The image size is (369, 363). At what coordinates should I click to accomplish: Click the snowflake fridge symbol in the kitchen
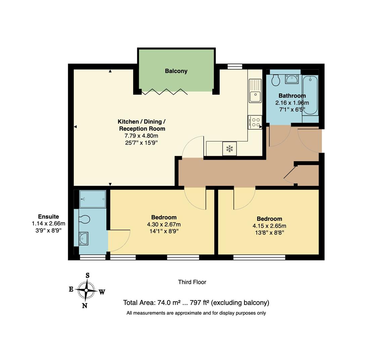point(230,149)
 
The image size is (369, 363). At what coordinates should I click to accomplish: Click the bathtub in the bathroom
point(310,95)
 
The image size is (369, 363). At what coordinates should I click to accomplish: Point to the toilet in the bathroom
point(276,80)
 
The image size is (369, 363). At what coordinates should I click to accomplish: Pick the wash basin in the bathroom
point(291,79)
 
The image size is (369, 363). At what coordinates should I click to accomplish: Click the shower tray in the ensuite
point(93,199)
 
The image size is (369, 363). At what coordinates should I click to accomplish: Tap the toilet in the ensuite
point(84,219)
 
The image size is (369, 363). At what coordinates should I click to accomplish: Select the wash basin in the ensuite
point(83,238)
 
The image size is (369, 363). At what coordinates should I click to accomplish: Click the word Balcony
point(176,71)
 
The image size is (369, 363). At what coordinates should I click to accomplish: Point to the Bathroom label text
point(292,96)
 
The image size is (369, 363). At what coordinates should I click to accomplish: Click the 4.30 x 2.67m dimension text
point(164,225)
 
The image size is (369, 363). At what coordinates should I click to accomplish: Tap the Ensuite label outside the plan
point(48,217)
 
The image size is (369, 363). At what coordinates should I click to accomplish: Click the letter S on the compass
point(88,275)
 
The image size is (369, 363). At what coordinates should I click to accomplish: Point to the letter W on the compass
point(102,292)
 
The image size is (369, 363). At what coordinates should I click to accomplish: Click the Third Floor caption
point(192,282)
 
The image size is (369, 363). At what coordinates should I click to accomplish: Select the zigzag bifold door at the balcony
point(165,92)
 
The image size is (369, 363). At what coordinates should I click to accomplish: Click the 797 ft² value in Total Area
point(199,302)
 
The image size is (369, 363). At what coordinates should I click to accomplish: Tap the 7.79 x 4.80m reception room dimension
point(141,136)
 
